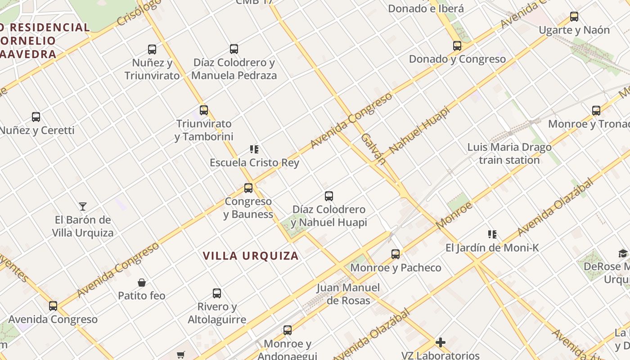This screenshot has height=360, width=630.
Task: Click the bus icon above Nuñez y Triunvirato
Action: (x=152, y=49)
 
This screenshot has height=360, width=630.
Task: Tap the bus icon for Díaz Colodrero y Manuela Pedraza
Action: (x=234, y=49)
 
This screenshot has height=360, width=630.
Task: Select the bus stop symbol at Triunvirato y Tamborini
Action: (x=204, y=110)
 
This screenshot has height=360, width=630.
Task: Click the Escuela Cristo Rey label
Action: (x=254, y=162)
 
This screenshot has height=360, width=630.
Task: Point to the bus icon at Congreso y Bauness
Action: (x=248, y=188)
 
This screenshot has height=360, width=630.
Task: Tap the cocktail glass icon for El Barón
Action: (x=83, y=207)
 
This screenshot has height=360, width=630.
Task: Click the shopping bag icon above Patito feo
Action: (x=142, y=283)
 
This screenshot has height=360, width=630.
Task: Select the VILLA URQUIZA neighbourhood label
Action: (x=251, y=256)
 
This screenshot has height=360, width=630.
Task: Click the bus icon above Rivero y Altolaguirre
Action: (x=217, y=293)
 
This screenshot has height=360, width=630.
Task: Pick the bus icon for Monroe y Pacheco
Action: (x=396, y=254)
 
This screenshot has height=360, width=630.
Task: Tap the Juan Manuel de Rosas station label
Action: (x=348, y=294)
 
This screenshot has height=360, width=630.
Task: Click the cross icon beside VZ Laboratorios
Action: (x=441, y=342)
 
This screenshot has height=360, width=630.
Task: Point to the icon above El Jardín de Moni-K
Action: (x=492, y=234)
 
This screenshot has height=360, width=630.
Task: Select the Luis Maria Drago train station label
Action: (x=509, y=153)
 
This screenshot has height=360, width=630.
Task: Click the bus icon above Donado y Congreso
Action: (x=457, y=46)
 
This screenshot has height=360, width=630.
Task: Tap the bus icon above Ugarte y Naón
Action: (x=574, y=17)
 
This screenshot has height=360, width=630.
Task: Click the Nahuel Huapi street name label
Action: (x=419, y=130)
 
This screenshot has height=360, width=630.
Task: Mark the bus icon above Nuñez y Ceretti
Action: (x=36, y=117)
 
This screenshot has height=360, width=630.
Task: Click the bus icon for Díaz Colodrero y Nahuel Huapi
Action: (x=329, y=196)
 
